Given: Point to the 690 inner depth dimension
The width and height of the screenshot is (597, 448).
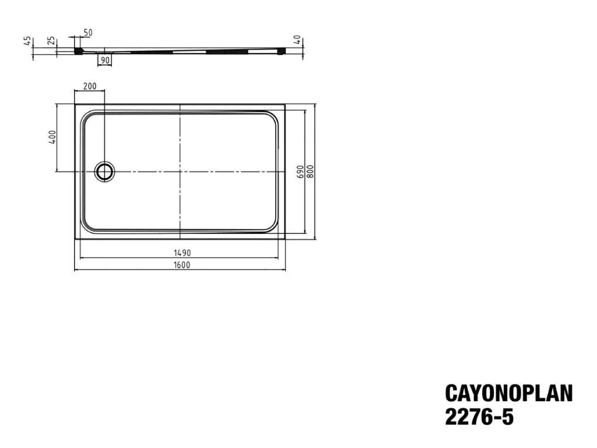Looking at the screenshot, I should point(300,171).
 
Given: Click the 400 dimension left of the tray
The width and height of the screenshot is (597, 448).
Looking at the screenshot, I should point(52,138).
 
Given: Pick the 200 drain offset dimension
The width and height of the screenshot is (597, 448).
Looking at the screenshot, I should point(89,86).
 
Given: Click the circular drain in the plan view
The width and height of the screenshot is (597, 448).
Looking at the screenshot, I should point(105,171).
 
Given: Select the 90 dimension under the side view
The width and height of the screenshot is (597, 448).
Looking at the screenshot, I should point(105,60).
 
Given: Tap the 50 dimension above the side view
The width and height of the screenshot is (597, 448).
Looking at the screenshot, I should point(88,33).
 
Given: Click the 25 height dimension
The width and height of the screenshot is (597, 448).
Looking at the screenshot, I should point(51,41).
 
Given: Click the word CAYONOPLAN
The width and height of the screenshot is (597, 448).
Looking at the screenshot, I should point(508,393).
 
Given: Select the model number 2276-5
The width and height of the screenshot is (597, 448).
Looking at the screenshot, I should point(479,418).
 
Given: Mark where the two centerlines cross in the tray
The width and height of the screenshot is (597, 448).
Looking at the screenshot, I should point(180,171).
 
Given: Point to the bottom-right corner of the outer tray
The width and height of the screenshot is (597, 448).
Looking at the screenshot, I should point(285,239).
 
